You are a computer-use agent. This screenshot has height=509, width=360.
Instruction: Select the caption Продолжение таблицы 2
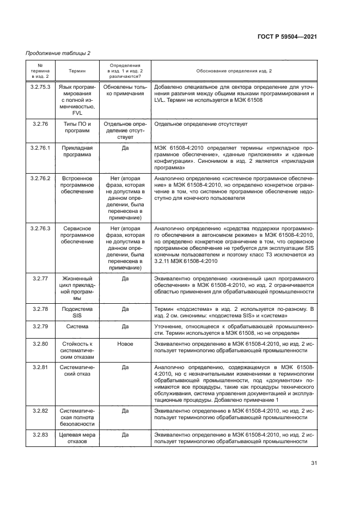pyautogui.click(x=58, y=53)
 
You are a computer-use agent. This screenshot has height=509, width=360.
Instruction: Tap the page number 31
pyautogui.click(x=314, y=463)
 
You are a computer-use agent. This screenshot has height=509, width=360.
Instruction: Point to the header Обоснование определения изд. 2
pyautogui.click(x=234, y=71)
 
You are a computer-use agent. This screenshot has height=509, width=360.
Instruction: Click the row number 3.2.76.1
pyautogui.click(x=40, y=148)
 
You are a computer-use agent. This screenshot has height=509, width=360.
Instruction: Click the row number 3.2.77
pyautogui.click(x=40, y=278)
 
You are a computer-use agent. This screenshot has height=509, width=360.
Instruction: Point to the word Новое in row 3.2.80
pyautogui.click(x=125, y=344)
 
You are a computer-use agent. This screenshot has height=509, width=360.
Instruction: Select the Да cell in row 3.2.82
pyautogui.click(x=125, y=410)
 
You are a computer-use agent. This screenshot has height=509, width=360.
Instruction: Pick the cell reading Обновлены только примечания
pyautogui.click(x=125, y=90)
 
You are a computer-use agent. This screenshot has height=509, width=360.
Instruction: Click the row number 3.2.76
pyautogui.click(x=40, y=124)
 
